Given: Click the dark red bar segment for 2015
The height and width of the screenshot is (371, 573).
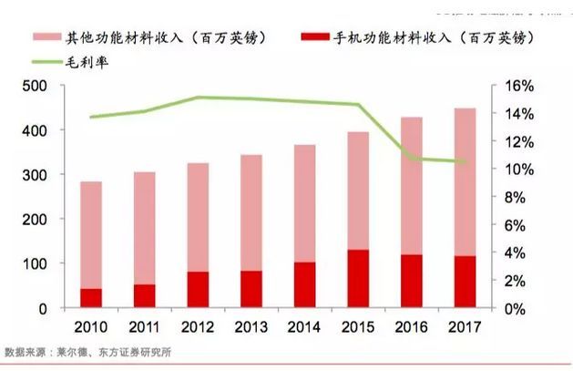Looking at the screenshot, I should [x=358, y=279].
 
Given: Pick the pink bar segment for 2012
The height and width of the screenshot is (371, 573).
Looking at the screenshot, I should [x=199, y=217].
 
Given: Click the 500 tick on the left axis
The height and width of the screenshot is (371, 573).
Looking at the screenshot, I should [x=33, y=86].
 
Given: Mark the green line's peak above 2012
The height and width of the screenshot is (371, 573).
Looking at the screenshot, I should [x=199, y=98].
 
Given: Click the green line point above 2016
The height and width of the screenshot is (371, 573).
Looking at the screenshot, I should [x=412, y=159].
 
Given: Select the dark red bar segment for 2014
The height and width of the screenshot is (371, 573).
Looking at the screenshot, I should [x=305, y=285].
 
